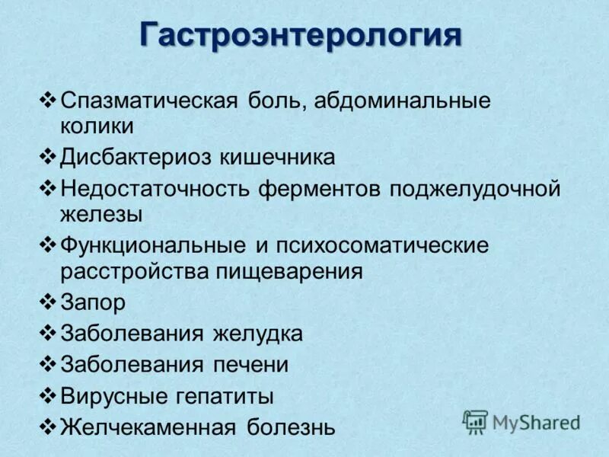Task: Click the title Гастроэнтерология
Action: [x=301, y=35]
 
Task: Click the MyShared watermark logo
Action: [x=521, y=421]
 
